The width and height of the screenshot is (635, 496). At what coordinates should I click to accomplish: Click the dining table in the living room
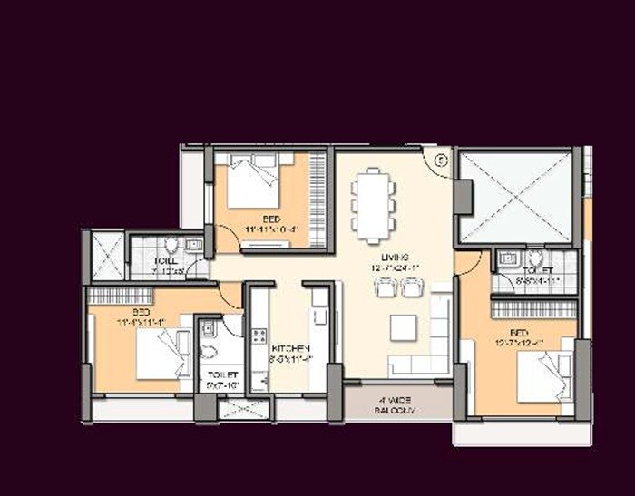point(374,208)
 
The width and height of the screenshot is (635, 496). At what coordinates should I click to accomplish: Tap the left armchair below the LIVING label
point(384,288)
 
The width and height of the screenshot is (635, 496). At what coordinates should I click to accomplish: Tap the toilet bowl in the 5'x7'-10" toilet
point(208,351)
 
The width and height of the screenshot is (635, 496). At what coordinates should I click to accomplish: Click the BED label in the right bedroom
point(518,332)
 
